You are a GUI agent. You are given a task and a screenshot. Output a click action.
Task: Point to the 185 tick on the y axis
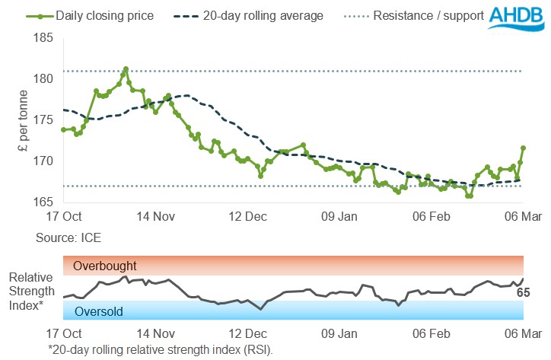point(43,38)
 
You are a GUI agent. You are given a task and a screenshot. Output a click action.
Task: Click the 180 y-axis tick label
point(43,79)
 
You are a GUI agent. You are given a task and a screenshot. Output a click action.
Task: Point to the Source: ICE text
point(68,237)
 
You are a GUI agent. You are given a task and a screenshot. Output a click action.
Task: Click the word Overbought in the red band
point(105,266)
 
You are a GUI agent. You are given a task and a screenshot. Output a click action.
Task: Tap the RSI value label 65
point(534,292)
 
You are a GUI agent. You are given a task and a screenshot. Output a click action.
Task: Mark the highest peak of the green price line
point(126,68)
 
